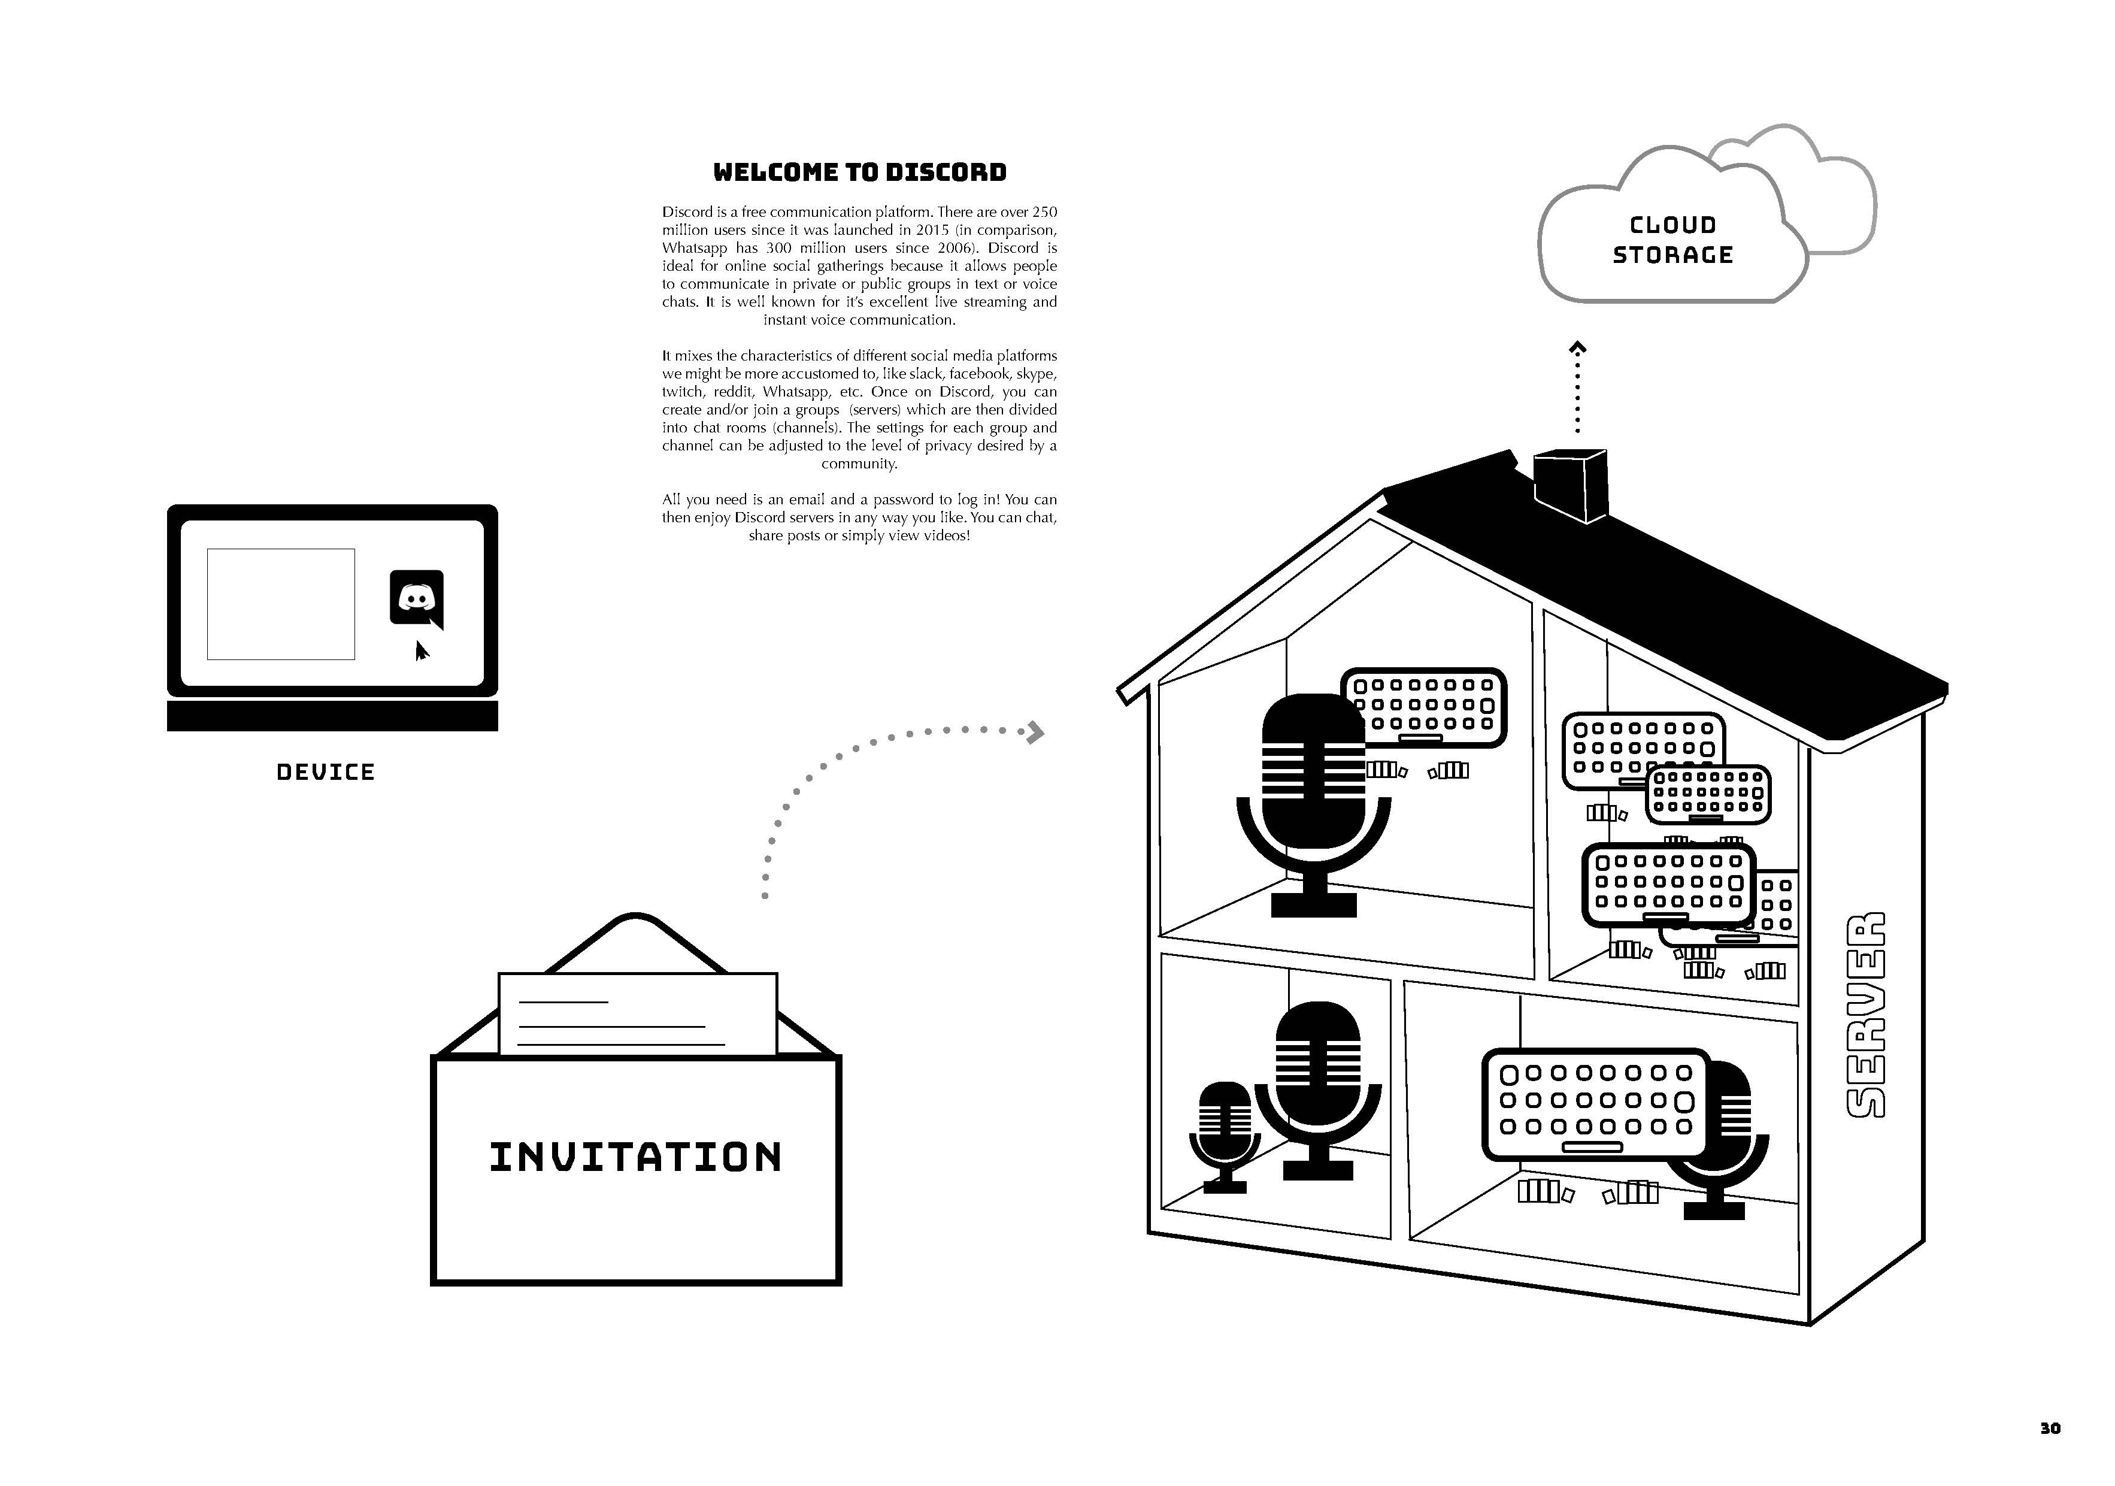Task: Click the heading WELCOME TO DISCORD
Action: [859, 172]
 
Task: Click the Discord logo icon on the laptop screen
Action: [416, 598]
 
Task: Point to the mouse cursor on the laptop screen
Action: [421, 650]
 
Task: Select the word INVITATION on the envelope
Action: [635, 1158]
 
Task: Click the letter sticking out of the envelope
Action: [638, 1012]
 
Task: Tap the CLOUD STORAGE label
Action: [1673, 240]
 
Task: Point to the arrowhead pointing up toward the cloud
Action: [1578, 348]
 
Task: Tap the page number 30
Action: [2050, 1428]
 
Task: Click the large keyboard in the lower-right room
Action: [1595, 1104]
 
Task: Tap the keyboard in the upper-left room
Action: [1424, 707]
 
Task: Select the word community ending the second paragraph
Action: [859, 464]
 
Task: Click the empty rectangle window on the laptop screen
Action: [281, 604]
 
